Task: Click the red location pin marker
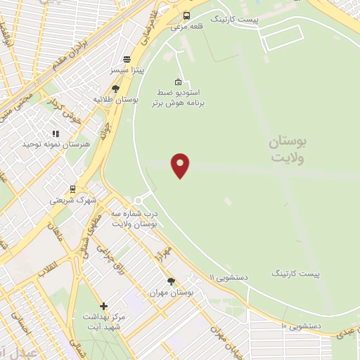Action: tap(181, 165)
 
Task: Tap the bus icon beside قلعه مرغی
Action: tap(186, 16)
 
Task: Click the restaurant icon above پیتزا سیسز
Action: tap(127, 60)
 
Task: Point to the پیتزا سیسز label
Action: tap(127, 71)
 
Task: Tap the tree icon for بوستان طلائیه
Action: tap(115, 89)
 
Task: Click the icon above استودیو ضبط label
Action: tap(178, 82)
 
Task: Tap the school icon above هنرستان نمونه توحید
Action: tap(56, 133)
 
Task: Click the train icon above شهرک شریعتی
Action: tap(72, 188)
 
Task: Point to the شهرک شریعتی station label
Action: tap(72, 200)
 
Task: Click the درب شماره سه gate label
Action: tap(136, 217)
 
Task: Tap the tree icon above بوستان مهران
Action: tap(171, 281)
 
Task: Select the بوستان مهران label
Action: tap(171, 292)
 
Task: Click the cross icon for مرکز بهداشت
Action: tap(104, 306)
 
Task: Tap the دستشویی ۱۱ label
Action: tap(229, 278)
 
